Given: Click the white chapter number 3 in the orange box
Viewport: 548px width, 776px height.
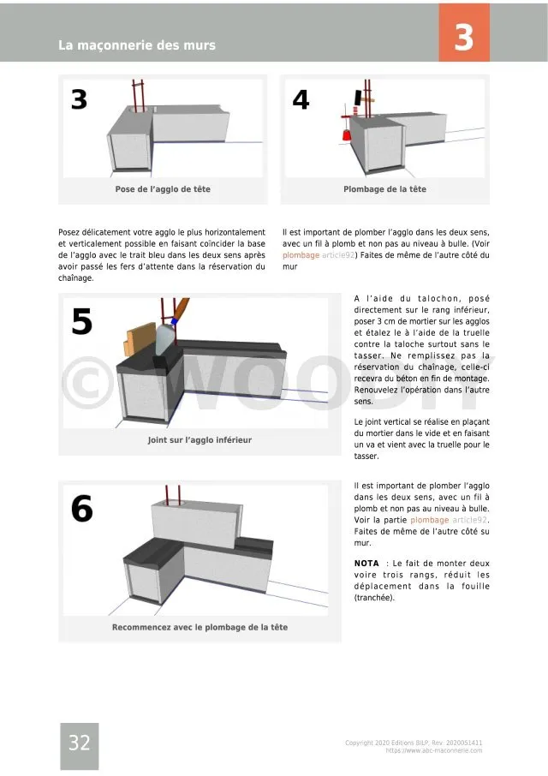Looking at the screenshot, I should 463,39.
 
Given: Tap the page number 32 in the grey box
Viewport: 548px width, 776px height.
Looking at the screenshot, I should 79,743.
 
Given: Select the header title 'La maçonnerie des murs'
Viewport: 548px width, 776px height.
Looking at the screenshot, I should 137,45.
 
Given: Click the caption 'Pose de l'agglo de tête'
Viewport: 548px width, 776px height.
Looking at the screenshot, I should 163,189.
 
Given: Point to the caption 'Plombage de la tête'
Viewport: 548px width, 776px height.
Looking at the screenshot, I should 384,189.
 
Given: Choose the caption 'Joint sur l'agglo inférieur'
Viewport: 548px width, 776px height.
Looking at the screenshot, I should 200,440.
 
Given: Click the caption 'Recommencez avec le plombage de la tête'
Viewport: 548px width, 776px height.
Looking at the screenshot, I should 200,627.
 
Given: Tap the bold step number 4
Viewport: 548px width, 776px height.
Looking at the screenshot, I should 301,100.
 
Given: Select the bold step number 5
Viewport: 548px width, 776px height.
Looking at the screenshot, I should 81,322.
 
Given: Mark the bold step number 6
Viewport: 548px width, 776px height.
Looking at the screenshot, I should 81,510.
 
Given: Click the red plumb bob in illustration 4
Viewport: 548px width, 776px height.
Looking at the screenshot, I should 347,135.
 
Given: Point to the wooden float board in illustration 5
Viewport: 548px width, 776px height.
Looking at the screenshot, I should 136,342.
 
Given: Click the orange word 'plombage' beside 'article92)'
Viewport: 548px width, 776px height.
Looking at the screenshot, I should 301,255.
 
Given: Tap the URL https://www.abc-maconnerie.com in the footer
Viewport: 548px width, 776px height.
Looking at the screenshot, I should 434,750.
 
